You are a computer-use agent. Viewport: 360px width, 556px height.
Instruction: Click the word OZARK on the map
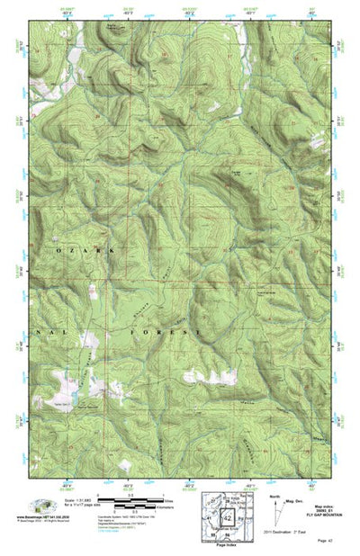[85, 249]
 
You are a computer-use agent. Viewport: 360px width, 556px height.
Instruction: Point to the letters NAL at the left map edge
[44, 332]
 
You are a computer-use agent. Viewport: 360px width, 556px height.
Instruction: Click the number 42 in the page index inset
[228, 517]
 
